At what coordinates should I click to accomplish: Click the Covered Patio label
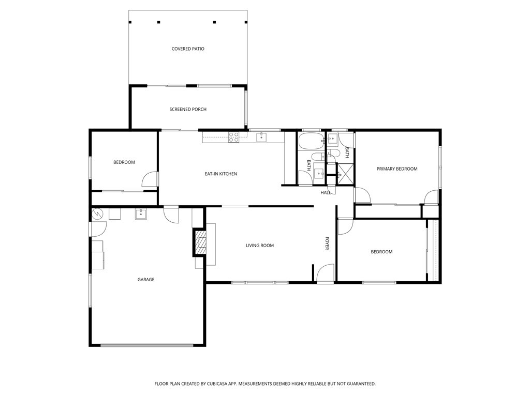click(x=188, y=49)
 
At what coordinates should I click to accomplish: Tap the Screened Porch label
click(x=188, y=110)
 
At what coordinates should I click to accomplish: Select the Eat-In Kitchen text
click(x=221, y=174)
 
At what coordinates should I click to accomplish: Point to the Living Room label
click(x=260, y=246)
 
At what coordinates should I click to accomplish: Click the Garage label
click(x=146, y=280)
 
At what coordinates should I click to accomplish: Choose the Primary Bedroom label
click(x=397, y=169)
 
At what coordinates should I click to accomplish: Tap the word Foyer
click(x=327, y=243)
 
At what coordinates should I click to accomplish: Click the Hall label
click(x=326, y=193)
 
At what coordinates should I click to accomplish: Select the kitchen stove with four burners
click(x=233, y=137)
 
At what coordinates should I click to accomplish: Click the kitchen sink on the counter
click(x=261, y=138)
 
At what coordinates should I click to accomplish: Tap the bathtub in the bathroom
click(x=311, y=142)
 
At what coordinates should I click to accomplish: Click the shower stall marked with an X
click(x=345, y=174)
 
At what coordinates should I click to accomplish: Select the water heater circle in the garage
click(x=97, y=213)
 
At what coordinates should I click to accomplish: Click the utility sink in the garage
click(x=141, y=214)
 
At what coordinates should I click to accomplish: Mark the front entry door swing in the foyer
click(x=325, y=272)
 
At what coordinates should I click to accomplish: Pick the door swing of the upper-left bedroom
click(x=150, y=179)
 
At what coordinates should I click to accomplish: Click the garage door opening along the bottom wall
click(x=147, y=345)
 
